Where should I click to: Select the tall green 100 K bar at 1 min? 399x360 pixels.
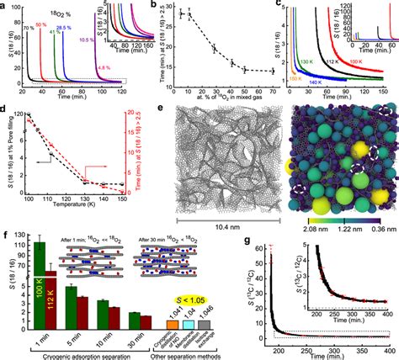click(x=38, y=278)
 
